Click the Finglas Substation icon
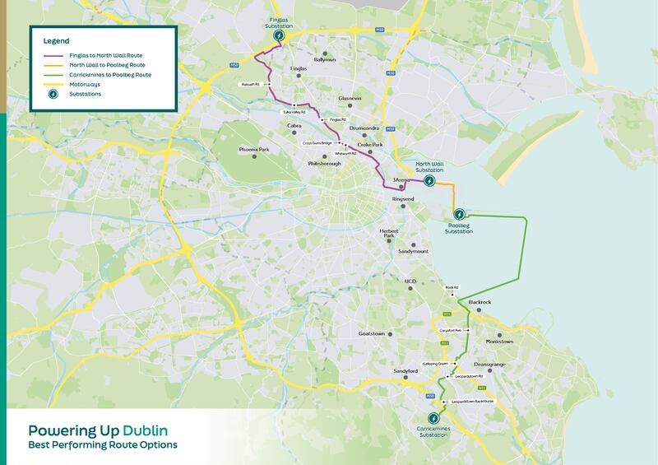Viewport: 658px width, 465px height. pyautogui.click(x=280, y=36)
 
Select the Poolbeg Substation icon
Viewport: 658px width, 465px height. pyautogui.click(x=459, y=214)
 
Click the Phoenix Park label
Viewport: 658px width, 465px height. pyautogui.click(x=254, y=150)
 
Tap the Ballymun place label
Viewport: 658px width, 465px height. pyautogui.click(x=325, y=59)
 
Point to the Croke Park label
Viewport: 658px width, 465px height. pyautogui.click(x=370, y=145)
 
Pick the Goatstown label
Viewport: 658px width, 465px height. pyautogui.click(x=372, y=333)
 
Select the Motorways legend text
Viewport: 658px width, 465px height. pyautogui.click(x=87, y=84)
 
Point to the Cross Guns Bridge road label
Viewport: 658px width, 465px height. pyautogui.click(x=317, y=143)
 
